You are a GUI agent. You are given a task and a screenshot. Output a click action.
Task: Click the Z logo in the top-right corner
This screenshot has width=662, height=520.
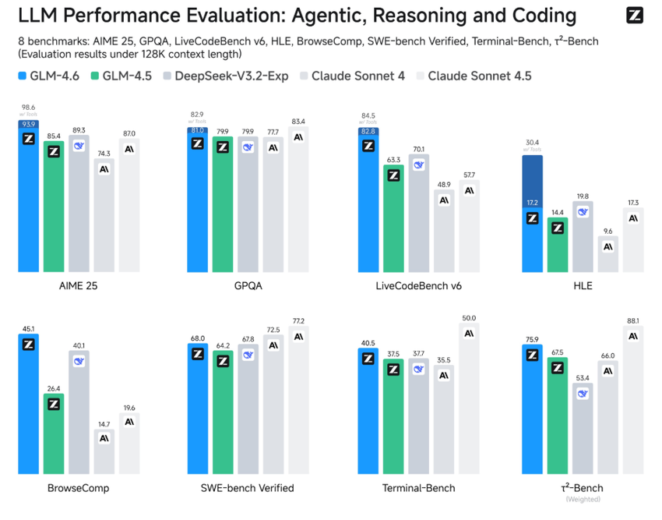click(634, 16)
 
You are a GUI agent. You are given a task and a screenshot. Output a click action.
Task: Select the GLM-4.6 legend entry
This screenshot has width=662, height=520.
click(48, 76)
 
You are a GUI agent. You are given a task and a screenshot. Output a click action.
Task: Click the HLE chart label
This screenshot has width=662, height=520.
click(582, 285)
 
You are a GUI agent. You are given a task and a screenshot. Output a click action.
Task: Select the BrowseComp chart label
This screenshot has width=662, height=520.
click(78, 488)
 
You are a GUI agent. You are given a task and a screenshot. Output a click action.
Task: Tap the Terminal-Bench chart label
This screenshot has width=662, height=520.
click(418, 488)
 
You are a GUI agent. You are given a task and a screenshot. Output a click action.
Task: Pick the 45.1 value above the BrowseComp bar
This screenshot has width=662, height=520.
click(28, 328)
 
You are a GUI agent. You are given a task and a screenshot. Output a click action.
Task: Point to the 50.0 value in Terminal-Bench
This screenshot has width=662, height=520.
click(468, 318)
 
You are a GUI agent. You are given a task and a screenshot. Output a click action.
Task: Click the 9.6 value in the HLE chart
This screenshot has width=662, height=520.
click(607, 231)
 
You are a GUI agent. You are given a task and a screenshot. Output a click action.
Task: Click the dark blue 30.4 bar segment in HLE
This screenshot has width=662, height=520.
click(532, 179)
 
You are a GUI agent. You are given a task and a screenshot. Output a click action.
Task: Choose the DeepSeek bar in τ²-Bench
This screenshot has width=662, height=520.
click(582, 429)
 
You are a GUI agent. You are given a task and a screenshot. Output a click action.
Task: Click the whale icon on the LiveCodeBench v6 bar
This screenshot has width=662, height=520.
click(418, 164)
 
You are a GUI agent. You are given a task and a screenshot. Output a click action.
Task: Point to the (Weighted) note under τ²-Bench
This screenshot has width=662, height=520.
click(582, 499)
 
